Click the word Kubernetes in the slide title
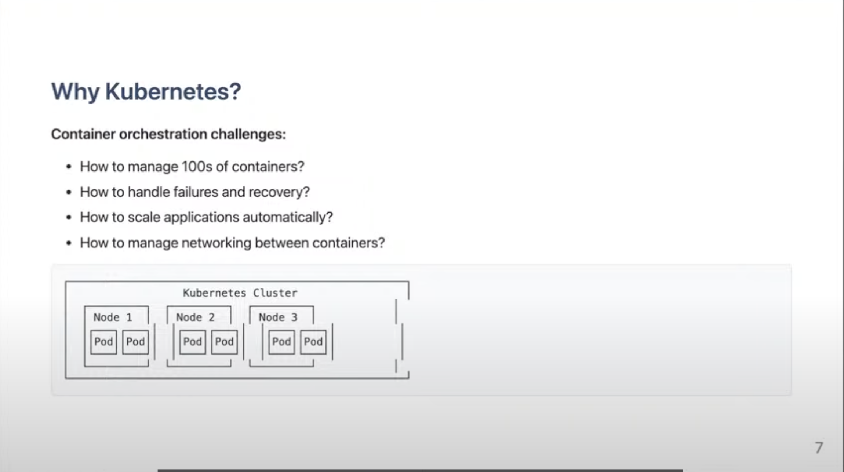(173, 91)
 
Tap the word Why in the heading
(75, 92)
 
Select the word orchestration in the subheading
(163, 134)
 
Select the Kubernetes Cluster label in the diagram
(240, 293)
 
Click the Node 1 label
(113, 317)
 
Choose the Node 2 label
(195, 317)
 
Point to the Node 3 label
(278, 317)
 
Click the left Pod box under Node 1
(103, 342)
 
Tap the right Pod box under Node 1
(135, 342)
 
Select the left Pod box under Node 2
(193, 342)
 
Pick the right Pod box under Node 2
(224, 342)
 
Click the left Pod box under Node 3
(281, 342)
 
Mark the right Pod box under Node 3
(313, 342)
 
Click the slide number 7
(819, 448)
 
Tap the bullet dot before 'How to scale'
(69, 218)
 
